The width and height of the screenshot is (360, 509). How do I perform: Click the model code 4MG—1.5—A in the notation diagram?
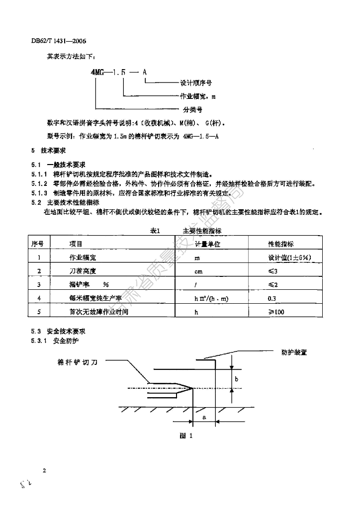pos(119,72)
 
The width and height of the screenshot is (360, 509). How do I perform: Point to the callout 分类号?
pos(190,109)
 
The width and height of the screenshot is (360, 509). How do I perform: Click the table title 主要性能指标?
pos(202,231)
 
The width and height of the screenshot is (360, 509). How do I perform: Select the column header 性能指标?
pos(281,244)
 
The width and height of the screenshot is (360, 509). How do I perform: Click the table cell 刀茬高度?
pos(82,271)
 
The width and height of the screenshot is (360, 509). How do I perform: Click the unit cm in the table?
pos(198,272)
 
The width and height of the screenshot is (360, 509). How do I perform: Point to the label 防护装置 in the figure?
pos(293,352)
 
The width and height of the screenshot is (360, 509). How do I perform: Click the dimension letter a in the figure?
pos(204,418)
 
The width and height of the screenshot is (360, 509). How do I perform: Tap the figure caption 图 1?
pos(185,435)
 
